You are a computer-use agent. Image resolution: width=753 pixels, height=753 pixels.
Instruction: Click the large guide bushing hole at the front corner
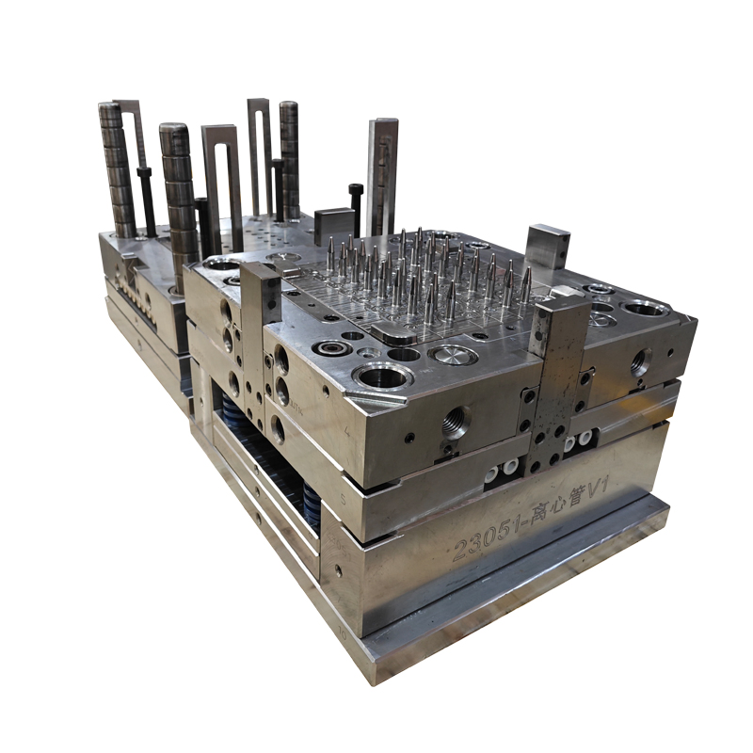click(x=383, y=377)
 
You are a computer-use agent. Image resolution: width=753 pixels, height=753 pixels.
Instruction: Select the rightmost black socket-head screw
click(x=355, y=209)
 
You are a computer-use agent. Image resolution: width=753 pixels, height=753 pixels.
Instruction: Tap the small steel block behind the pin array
click(x=333, y=227)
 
